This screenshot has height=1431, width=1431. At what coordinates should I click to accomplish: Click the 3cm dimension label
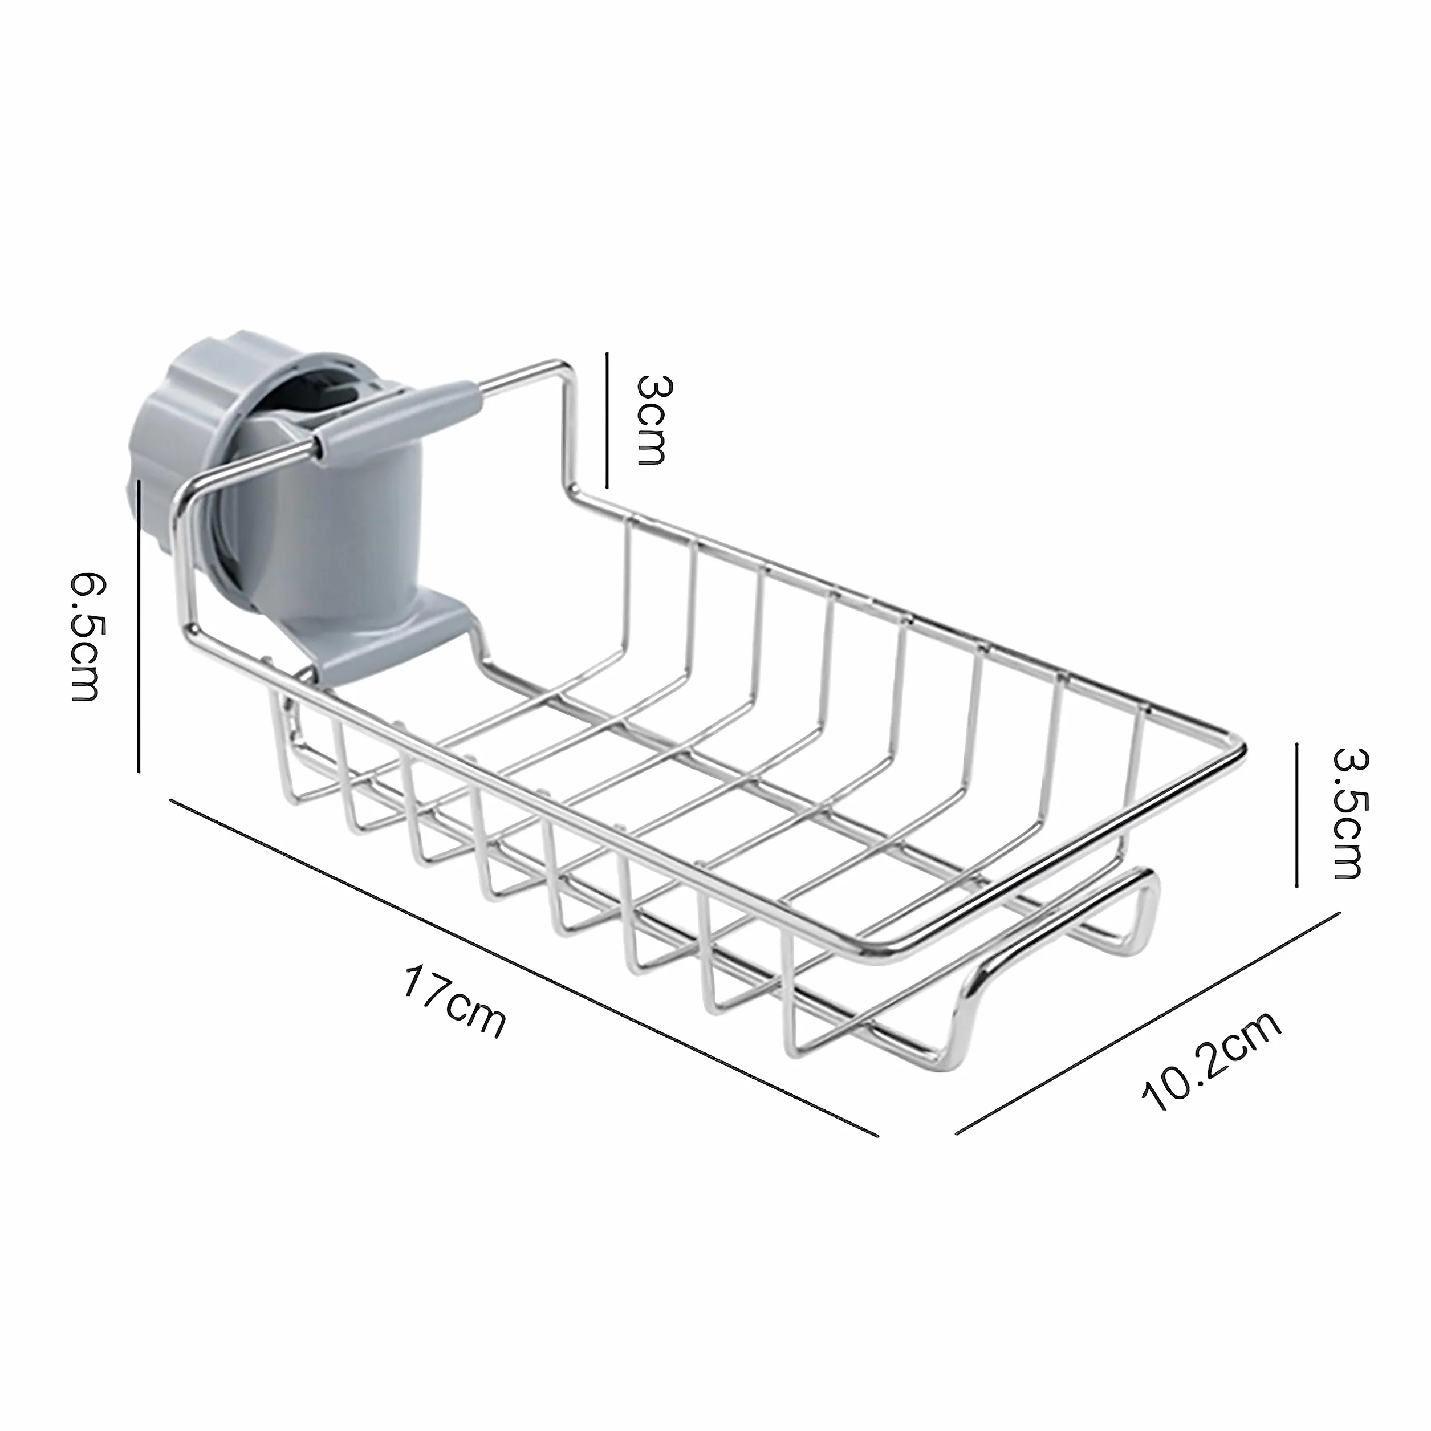(652, 419)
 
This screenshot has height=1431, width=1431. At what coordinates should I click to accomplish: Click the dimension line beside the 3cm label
(607, 420)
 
